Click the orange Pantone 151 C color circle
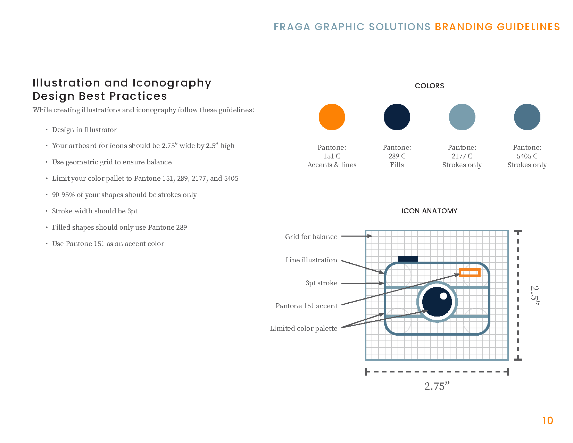[x=332, y=117]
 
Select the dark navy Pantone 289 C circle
[x=397, y=117]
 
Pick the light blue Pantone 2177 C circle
[x=462, y=117]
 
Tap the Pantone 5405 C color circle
[x=527, y=117]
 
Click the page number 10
[x=548, y=421]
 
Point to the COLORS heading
[x=429, y=86]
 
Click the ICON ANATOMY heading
[x=429, y=211]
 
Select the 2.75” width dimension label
[x=437, y=386]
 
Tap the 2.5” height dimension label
[x=535, y=295]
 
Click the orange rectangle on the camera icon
[x=470, y=272]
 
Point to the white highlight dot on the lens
[x=443, y=296]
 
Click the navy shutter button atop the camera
[x=408, y=259]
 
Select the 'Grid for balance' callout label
[x=311, y=237]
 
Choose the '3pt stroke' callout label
[x=321, y=283]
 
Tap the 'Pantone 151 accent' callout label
[x=306, y=306]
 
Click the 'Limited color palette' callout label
[x=304, y=328]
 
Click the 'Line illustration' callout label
[x=311, y=260]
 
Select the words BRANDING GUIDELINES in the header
[x=497, y=27]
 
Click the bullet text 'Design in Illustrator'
[x=84, y=130]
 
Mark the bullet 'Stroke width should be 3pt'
[x=95, y=211]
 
